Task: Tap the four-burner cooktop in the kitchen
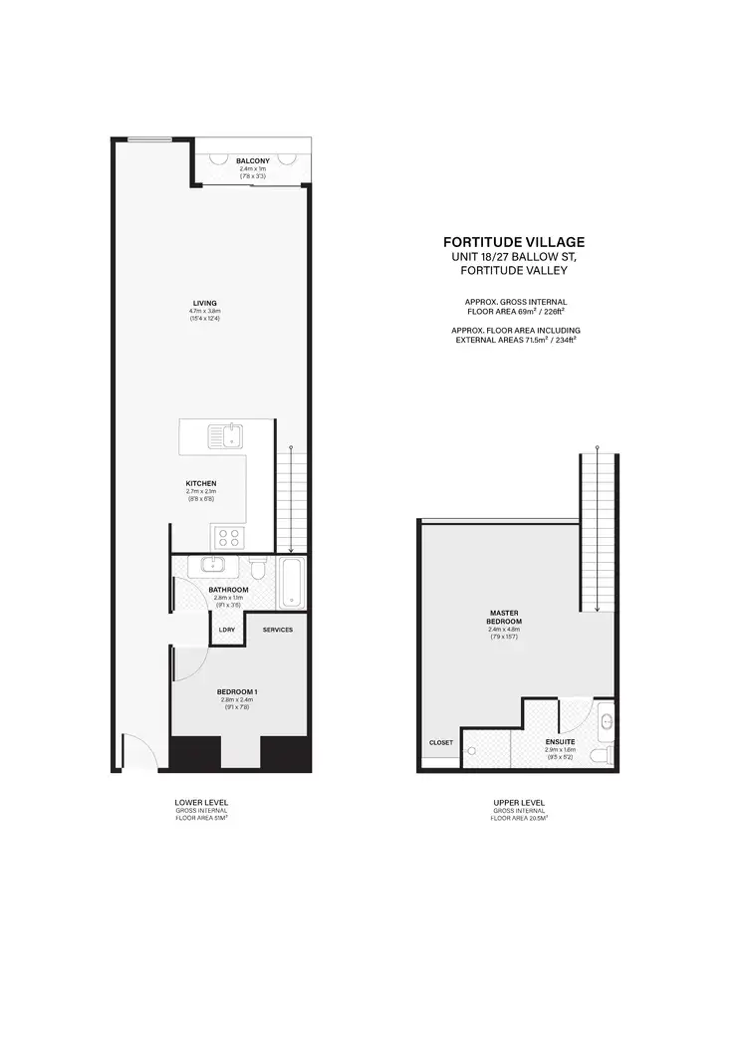[228, 537]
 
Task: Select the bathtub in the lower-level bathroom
[290, 583]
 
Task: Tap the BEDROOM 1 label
[238, 691]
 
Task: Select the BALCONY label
[253, 161]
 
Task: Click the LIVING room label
[205, 303]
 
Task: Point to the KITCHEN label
[201, 484]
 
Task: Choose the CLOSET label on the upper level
[440, 742]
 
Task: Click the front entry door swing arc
[135, 749]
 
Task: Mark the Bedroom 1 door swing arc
[189, 663]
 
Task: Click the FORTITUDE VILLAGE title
[513, 241]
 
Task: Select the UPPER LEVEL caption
[519, 802]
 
